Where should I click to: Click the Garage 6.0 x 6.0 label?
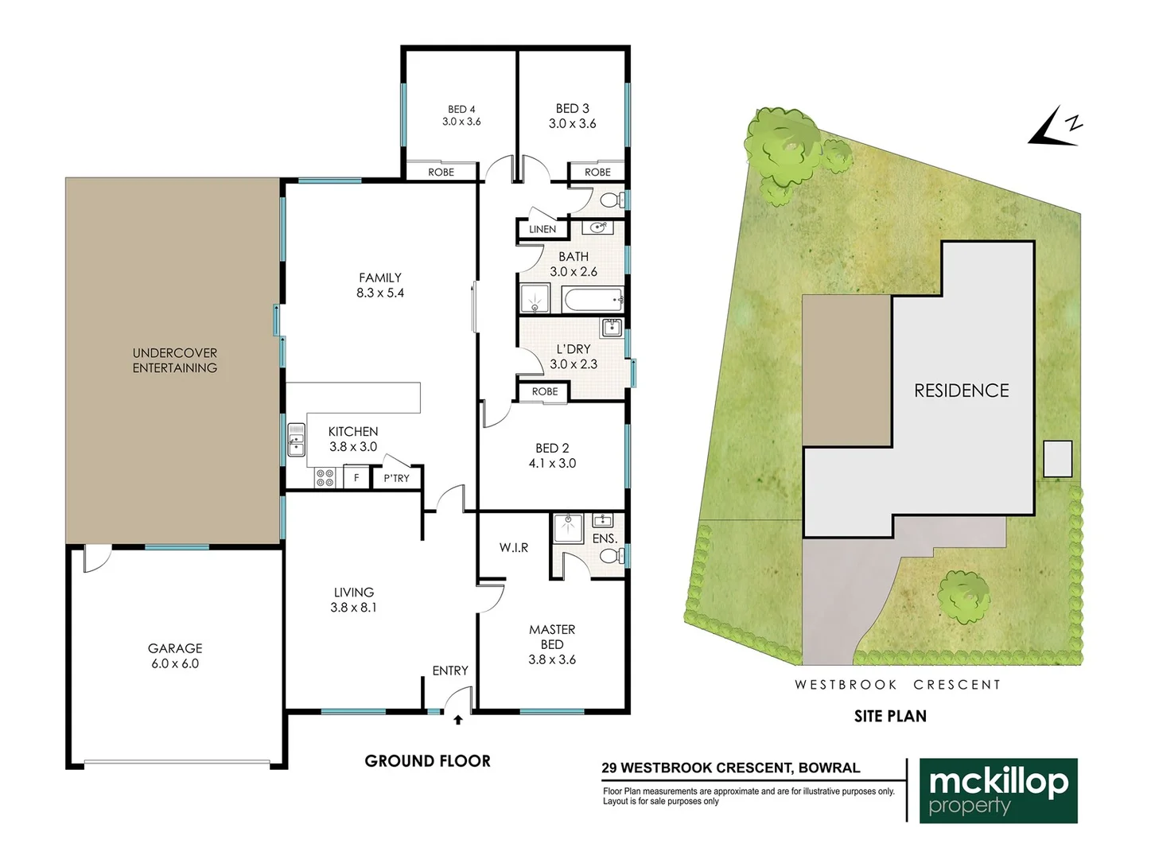coord(175,656)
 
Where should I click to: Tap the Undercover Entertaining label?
coord(175,360)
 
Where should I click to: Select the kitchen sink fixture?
coord(296,440)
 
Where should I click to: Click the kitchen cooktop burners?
coord(325,477)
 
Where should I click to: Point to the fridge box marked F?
coord(356,478)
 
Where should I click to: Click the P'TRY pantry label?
coord(396,478)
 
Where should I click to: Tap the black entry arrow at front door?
coord(458,720)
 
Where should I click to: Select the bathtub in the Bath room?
coord(593,301)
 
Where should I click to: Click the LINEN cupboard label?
coord(542,229)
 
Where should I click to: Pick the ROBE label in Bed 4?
coord(441,172)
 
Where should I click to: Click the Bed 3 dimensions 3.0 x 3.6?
coord(572,123)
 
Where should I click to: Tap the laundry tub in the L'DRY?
coord(612,327)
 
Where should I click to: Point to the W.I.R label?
coord(514,548)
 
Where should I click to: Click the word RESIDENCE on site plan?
coord(961,391)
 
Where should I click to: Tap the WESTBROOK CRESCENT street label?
coord(897,685)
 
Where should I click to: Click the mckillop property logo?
coord(998,791)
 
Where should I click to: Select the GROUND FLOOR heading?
coord(427,761)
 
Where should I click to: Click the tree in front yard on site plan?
coord(964,594)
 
